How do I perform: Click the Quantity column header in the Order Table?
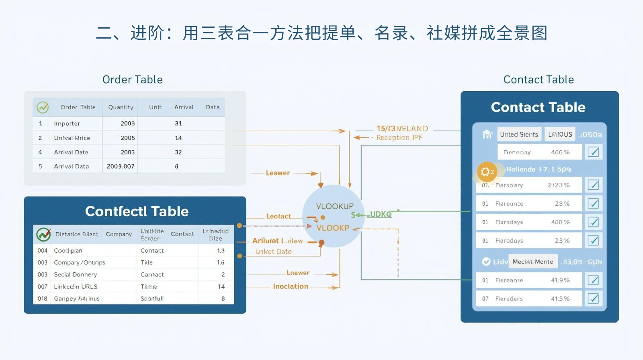point(121,107)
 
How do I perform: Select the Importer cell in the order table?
point(67,124)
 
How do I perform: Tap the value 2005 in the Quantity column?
point(127,138)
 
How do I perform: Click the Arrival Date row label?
point(71,152)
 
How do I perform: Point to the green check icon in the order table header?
point(43,107)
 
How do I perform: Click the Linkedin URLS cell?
point(76,286)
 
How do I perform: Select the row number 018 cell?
point(42,299)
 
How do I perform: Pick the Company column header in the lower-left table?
point(119,234)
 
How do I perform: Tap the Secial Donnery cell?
point(75,274)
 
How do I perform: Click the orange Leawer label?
point(278,173)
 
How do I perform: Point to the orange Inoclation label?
point(291,286)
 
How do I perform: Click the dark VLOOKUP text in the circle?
point(335,207)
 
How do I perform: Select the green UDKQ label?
point(380,215)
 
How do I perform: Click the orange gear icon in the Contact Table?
point(485,172)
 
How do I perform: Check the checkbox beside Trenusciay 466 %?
point(593,152)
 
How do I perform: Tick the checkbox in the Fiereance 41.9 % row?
point(593,280)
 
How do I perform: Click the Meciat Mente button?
point(533,262)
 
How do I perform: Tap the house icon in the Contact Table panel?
point(487,134)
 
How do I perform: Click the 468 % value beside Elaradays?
point(560,222)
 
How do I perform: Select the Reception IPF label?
point(399,137)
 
